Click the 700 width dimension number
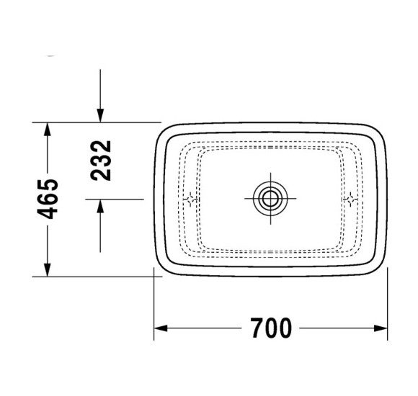(272, 328)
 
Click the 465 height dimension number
(49, 199)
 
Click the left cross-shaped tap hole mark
(191, 200)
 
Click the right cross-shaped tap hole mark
(351, 200)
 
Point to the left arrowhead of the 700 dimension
(161, 329)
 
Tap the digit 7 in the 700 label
(258, 328)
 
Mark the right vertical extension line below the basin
(388, 302)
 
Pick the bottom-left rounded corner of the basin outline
(161, 270)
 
